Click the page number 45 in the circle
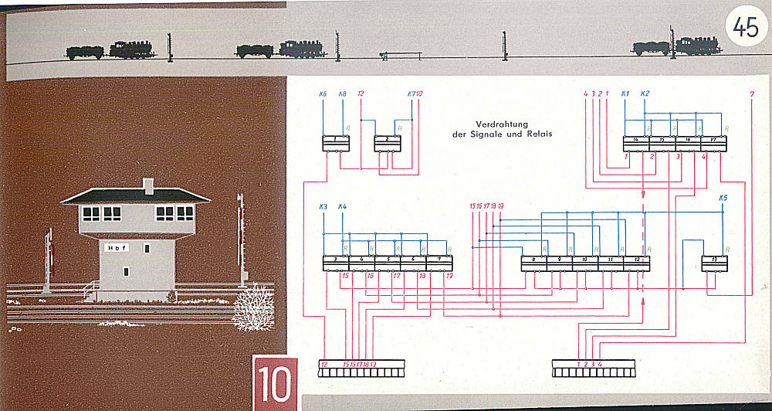pos(746,29)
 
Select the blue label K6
pos(323,94)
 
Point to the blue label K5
pos(723,198)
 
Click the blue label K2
pos(645,94)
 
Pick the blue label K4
pos(343,206)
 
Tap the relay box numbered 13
pos(715,263)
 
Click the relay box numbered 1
pos(335,143)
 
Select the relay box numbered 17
pos(713,143)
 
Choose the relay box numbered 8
pos(534,263)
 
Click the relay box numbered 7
pos(438,263)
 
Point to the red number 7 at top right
pos(752,94)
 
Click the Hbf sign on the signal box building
pos(117,248)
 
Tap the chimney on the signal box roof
pos(149,185)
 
